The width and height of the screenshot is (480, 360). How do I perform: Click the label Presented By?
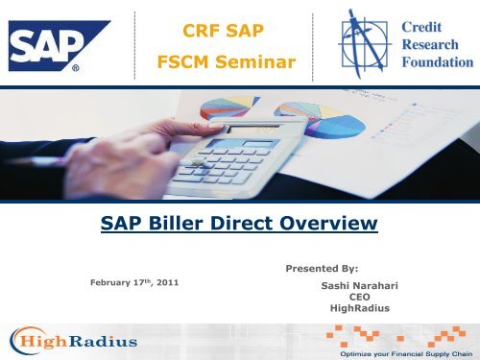click(x=321, y=271)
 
